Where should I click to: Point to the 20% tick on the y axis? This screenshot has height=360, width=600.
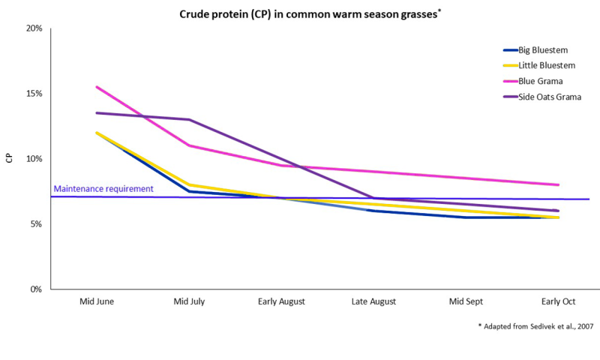click(34, 28)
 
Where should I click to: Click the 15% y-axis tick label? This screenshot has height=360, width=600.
click(34, 94)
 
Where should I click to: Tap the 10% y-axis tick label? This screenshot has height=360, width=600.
click(34, 159)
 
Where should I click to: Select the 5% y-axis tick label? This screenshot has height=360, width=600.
click(36, 224)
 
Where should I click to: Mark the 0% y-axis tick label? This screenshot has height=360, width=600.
click(36, 289)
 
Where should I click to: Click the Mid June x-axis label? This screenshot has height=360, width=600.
click(97, 301)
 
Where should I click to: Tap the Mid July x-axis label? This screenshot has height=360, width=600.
click(189, 301)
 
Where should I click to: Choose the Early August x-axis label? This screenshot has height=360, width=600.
click(281, 301)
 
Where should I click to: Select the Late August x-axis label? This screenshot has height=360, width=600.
click(374, 301)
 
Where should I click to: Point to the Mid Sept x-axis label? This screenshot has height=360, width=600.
click(466, 301)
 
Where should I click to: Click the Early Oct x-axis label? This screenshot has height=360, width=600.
click(559, 301)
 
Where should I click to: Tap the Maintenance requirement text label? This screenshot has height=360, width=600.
click(103, 189)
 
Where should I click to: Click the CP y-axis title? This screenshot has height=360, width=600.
click(10, 159)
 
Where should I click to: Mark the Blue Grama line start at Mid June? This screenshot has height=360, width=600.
click(97, 87)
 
